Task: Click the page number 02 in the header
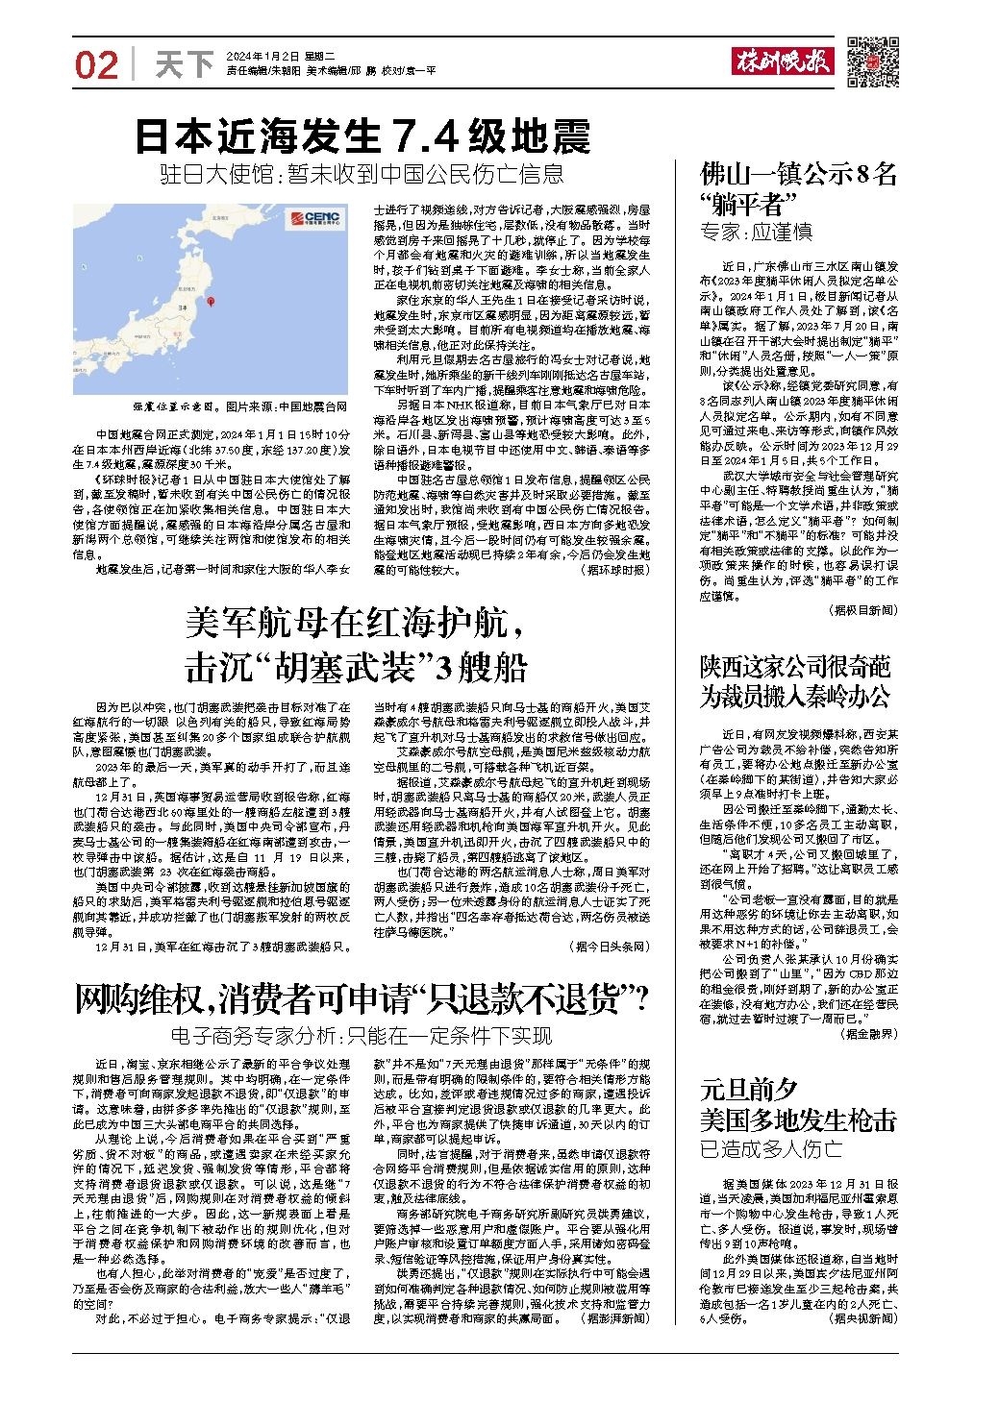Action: [x=96, y=65]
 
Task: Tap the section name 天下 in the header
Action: [x=184, y=65]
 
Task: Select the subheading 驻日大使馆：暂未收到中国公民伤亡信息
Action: [x=362, y=174]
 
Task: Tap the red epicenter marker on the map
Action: [x=211, y=303]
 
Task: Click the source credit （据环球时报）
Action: [x=615, y=570]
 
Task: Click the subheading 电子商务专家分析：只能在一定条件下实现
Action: [x=362, y=1036]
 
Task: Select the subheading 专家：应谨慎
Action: [x=756, y=233]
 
